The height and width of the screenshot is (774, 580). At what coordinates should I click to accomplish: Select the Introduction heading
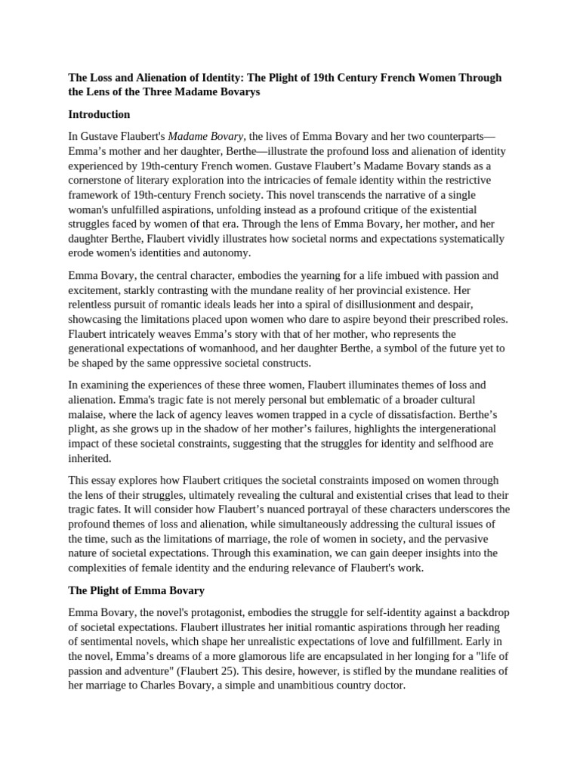pos(99,115)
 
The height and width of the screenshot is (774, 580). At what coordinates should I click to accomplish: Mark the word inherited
pos(90,457)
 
